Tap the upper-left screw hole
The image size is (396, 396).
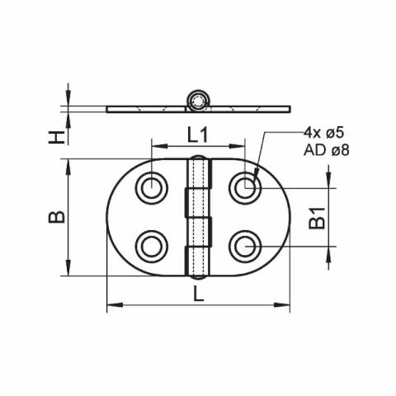(153, 188)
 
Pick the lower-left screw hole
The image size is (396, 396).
(153, 245)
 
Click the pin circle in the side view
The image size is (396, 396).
(198, 101)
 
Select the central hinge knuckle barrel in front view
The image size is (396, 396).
(198, 217)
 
